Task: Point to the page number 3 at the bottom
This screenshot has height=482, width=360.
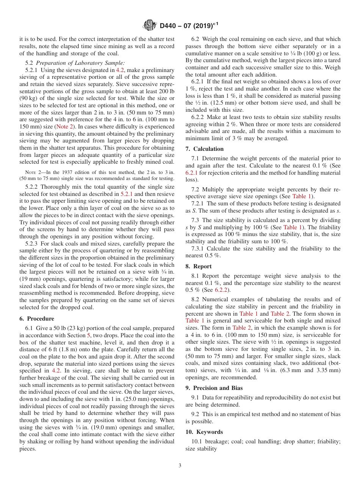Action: tap(180, 466)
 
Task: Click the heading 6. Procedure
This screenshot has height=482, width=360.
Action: tap(37, 319)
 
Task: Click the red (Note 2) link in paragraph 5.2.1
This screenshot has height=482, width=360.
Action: tap(64, 127)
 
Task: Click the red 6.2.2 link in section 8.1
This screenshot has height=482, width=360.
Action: tap(221, 290)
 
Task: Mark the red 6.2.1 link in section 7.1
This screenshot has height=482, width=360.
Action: tap(192, 172)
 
